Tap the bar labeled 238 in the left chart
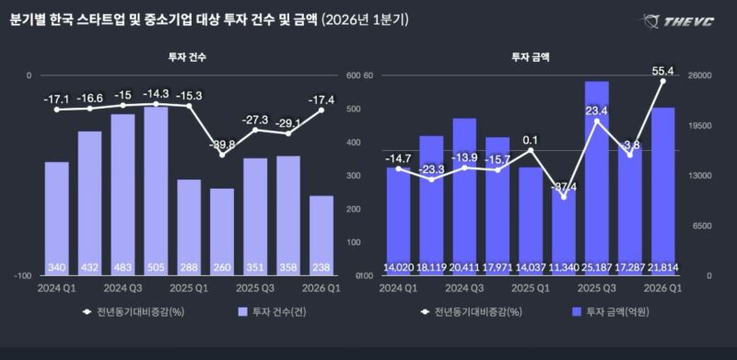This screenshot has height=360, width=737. click(322, 235)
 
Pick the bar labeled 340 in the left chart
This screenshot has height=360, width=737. click(57, 218)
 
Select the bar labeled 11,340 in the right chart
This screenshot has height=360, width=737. click(563, 231)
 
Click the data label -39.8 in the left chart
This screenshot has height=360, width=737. click(221, 145)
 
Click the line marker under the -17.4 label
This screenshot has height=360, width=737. click(322, 110)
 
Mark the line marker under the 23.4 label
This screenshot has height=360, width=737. click(596, 122)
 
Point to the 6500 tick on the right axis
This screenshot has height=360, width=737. click(702, 226)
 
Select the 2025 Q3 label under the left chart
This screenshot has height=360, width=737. click(255, 287)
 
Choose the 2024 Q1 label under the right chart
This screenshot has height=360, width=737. click(398, 287)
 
